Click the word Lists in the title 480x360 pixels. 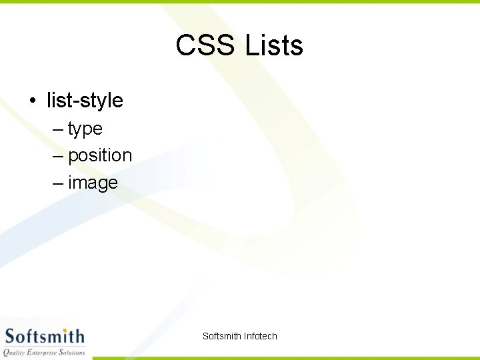[x=274, y=46]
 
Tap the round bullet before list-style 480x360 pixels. [x=32, y=101]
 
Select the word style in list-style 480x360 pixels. [x=101, y=101]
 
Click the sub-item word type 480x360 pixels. [x=85, y=129]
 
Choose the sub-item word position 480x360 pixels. [x=100, y=156]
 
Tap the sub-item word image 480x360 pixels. [x=93, y=183]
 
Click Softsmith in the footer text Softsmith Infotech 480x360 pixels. [x=222, y=336]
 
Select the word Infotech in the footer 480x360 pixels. [x=261, y=336]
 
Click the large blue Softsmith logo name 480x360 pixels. [x=44, y=336]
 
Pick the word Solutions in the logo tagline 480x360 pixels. [x=73, y=352]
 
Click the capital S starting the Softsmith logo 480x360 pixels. [x=10, y=336]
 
